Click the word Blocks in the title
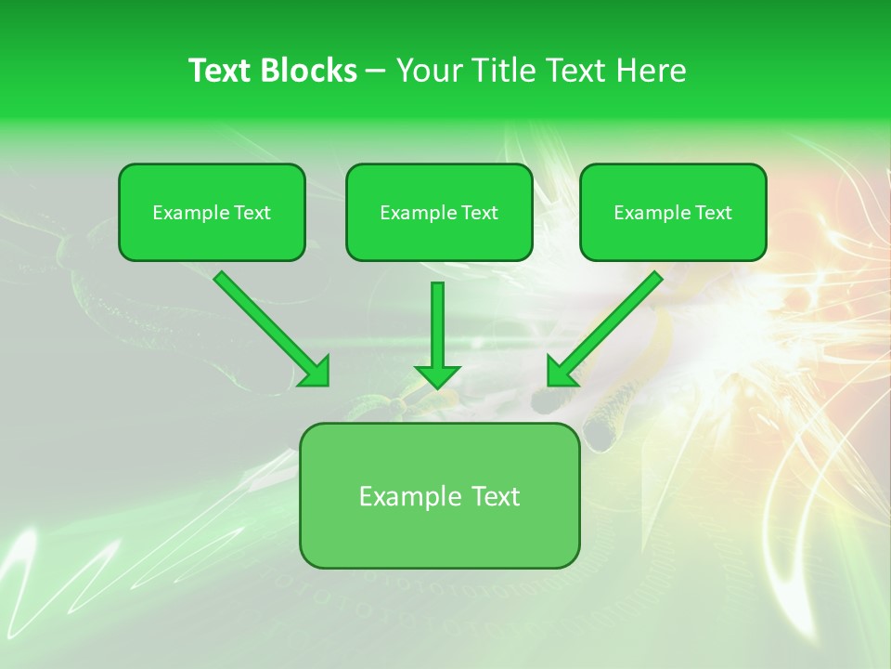click(311, 71)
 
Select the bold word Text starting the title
click(222, 71)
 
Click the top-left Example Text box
click(212, 212)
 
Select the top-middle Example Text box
click(439, 212)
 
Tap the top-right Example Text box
click(673, 212)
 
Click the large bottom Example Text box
click(439, 495)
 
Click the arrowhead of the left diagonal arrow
click(316, 372)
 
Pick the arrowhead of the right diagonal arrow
click(561, 372)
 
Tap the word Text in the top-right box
click(714, 213)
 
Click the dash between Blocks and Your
click(376, 71)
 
